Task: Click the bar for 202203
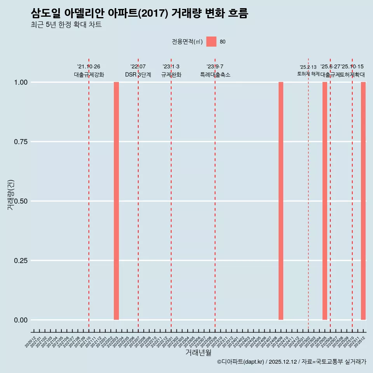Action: (x=116, y=201)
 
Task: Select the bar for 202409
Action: (x=281, y=201)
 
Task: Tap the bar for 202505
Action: (x=325, y=201)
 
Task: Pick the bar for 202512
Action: (x=363, y=201)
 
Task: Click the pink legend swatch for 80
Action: (x=211, y=42)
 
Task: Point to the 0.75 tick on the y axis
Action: (x=21, y=142)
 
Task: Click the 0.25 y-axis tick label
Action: (x=21, y=261)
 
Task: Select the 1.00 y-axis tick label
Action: (x=21, y=82)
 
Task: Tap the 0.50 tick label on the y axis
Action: (x=21, y=201)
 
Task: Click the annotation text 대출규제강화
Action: (x=89, y=75)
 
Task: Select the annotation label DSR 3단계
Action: (x=138, y=75)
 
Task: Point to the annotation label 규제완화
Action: (x=171, y=75)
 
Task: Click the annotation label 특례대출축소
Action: (x=215, y=75)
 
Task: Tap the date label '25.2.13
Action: (x=308, y=67)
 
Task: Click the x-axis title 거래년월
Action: (x=198, y=353)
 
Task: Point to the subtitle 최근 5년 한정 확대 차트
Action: (x=66, y=25)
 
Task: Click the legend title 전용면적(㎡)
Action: (x=187, y=42)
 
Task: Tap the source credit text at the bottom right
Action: (x=291, y=362)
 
